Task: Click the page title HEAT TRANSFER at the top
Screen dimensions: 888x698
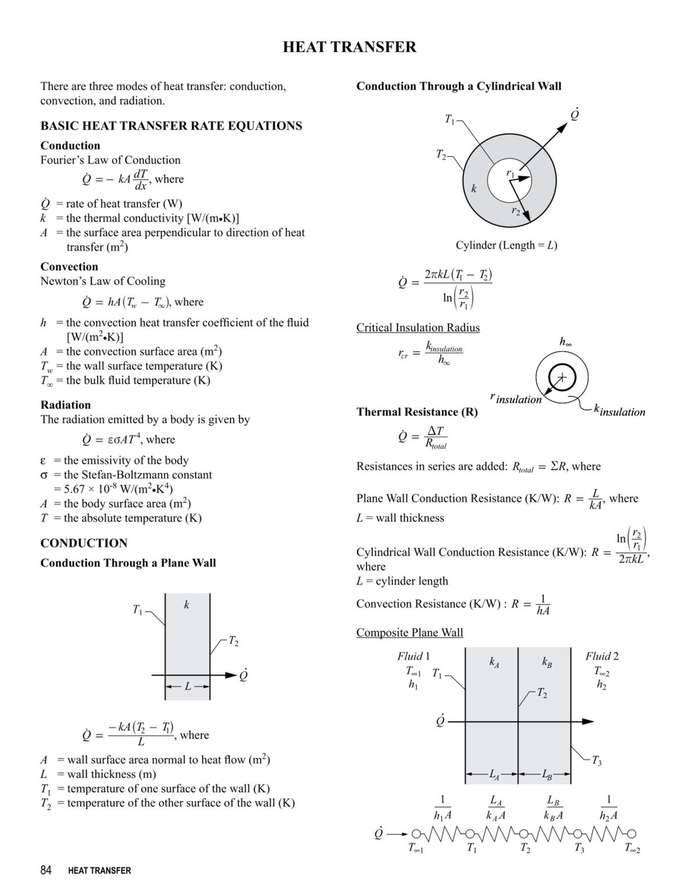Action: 349,47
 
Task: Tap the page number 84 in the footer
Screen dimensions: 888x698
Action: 46,870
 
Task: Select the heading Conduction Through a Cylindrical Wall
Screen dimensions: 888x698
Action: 458,86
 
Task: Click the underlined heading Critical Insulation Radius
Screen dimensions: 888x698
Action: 418,328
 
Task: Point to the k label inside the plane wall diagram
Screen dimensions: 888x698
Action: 186,605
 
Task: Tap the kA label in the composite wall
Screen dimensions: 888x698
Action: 493,662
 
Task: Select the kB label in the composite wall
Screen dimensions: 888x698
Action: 547,662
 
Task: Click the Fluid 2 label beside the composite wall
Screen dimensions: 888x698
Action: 601,656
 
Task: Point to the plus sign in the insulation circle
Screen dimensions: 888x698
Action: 562,378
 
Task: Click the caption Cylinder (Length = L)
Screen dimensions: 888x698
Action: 506,245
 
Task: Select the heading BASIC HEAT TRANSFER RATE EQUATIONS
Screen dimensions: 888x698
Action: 171,126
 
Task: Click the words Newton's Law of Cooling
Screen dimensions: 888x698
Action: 102,281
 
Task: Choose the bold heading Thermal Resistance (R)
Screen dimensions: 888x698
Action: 416,412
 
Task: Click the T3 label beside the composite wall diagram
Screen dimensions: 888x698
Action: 596,762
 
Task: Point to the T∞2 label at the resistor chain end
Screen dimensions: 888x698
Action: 632,849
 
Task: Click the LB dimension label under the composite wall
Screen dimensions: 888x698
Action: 547,775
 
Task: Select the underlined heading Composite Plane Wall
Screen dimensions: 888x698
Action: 409,633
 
